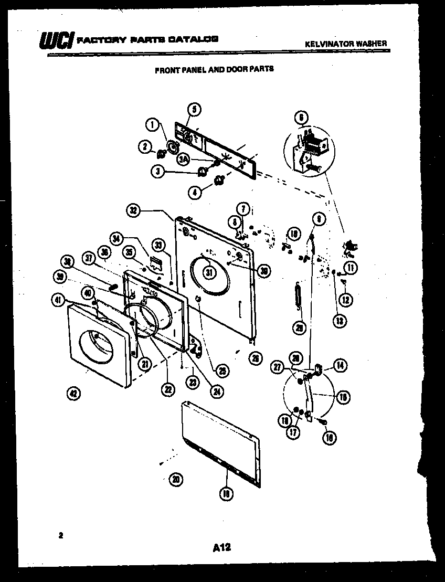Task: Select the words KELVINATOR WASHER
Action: (x=346, y=44)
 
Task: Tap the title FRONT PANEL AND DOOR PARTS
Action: (x=214, y=68)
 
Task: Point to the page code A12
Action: (x=222, y=548)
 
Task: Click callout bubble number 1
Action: (x=152, y=124)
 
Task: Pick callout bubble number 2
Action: (x=145, y=147)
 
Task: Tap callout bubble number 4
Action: (x=195, y=192)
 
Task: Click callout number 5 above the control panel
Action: (x=194, y=109)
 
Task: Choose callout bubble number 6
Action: (x=301, y=118)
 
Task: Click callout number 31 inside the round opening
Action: (x=209, y=272)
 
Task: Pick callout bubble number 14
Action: (x=341, y=366)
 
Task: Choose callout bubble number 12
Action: (x=346, y=300)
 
